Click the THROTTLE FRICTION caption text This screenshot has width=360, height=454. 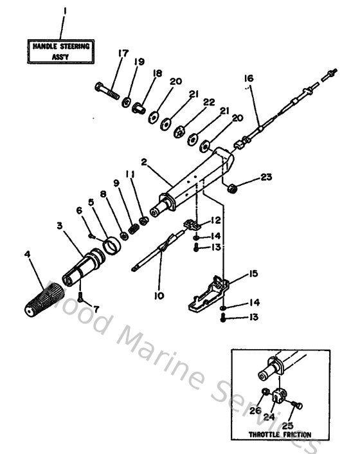[279, 435]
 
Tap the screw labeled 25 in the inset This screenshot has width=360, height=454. [296, 404]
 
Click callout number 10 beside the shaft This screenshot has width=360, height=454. [158, 296]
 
